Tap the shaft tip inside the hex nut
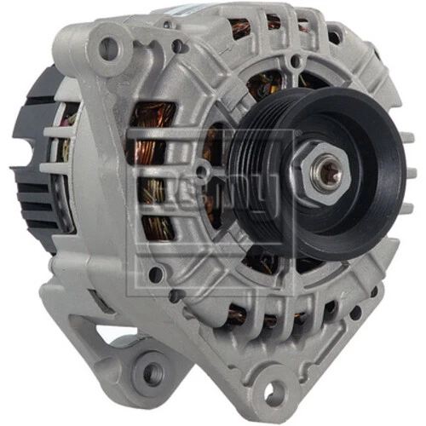325,174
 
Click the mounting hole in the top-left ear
109,49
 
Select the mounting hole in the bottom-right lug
272,393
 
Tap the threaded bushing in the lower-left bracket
152,372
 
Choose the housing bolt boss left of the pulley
157,274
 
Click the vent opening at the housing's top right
341,34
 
